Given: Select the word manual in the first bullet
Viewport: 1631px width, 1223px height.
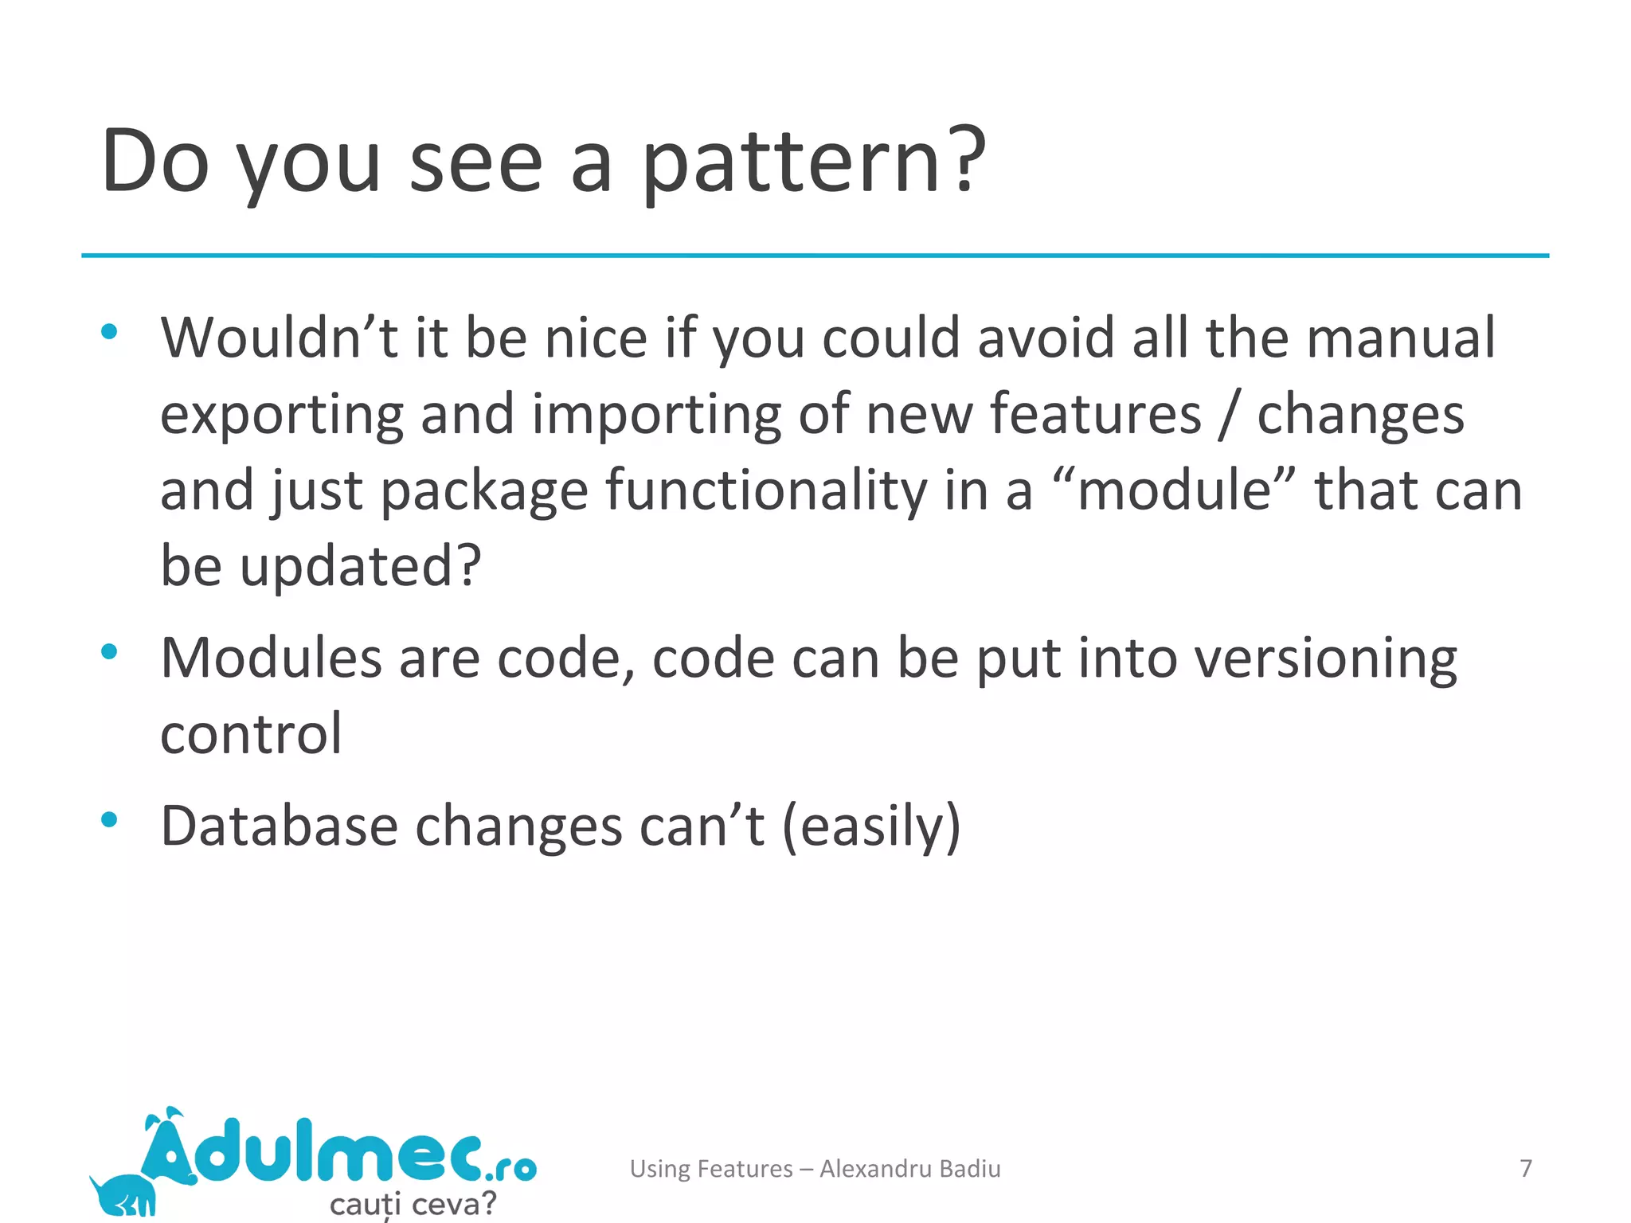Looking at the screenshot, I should tap(1401, 338).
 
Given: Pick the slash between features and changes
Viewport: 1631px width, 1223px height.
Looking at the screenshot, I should tap(1229, 414).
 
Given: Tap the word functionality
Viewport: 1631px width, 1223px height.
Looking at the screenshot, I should tap(766, 489).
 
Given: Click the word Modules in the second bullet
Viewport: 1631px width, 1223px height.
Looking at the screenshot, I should tap(272, 658).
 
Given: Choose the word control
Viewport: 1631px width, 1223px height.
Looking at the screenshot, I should tap(251, 733).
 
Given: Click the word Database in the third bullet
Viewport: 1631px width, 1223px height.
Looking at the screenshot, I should tap(279, 826).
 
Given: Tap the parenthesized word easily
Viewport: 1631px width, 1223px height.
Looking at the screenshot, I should tap(871, 827).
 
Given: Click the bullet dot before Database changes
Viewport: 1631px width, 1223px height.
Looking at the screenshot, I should tap(109, 819).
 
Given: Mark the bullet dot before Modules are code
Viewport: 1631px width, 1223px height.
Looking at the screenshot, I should tap(109, 652).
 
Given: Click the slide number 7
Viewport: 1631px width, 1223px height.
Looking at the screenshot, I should tap(1525, 1168).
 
